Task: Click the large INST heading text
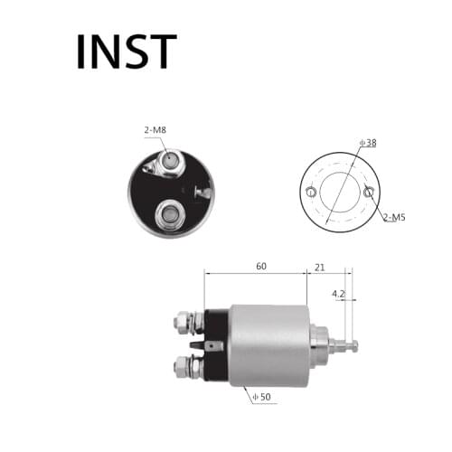126,52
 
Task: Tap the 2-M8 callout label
154,130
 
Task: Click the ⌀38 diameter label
367,143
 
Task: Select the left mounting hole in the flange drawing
311,193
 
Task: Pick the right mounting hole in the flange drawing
368,192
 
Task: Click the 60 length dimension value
260,267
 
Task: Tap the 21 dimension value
319,267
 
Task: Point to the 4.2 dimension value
338,293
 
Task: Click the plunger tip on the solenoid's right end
351,344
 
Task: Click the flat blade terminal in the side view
211,344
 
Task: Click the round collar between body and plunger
319,344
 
